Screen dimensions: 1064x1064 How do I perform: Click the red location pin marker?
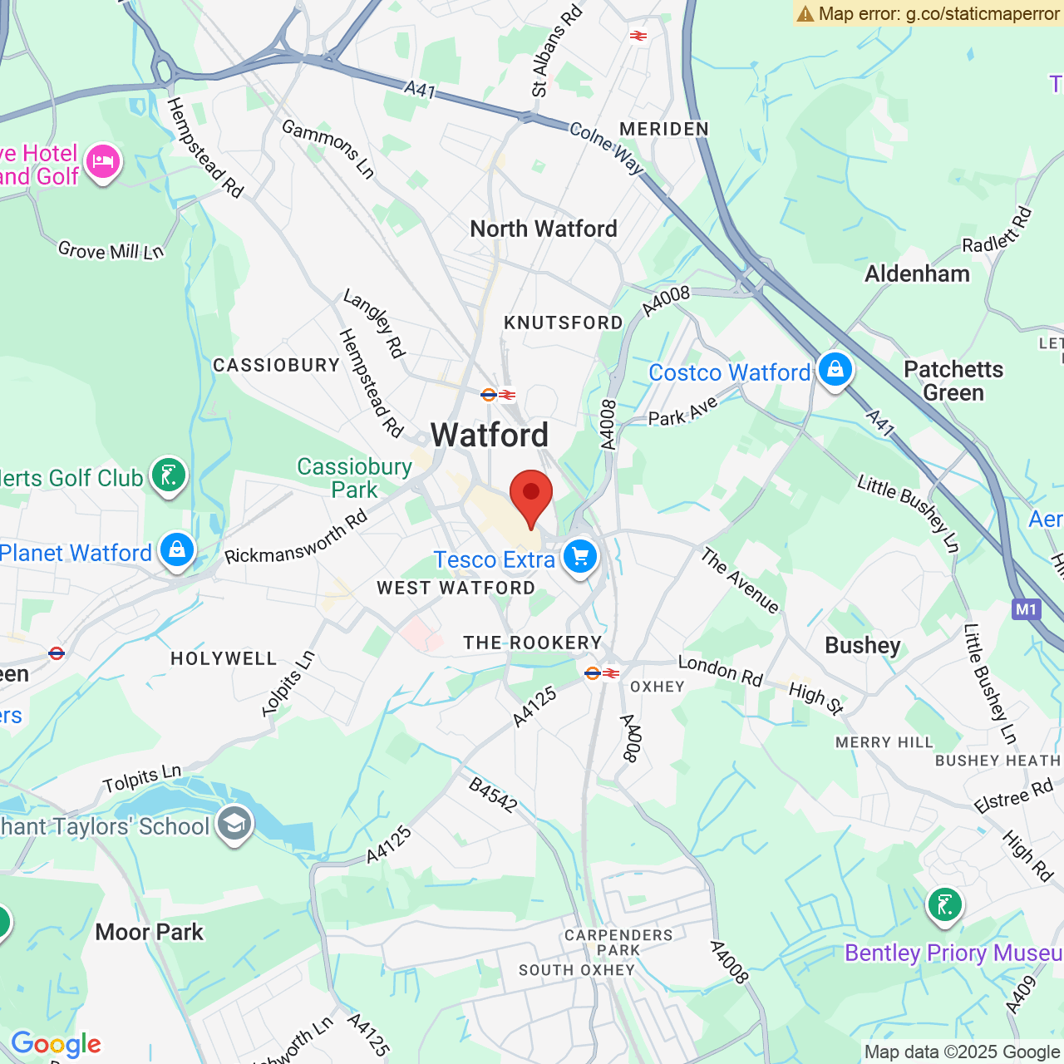[x=530, y=495]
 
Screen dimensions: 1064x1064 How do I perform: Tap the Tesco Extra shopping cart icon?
[x=580, y=556]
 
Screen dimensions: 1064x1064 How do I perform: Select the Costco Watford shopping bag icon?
[x=835, y=368]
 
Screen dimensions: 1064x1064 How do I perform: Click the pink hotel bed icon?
[x=103, y=160]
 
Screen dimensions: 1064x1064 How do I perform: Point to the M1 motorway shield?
[x=1027, y=609]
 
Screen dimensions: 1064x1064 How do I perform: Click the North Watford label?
[x=544, y=229]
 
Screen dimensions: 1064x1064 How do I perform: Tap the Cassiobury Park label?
[x=355, y=478]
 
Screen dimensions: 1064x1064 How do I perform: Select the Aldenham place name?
[x=917, y=273]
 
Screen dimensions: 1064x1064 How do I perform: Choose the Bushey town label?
[x=863, y=645]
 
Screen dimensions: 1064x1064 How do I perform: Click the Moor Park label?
[x=150, y=932]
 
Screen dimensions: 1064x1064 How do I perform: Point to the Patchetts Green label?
[x=953, y=381]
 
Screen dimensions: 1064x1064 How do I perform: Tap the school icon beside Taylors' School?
[x=234, y=824]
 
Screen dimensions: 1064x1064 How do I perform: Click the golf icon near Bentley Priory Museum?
[x=944, y=904]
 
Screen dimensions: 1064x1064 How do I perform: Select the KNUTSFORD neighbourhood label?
[x=564, y=323]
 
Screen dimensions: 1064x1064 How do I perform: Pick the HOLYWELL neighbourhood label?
[x=224, y=658]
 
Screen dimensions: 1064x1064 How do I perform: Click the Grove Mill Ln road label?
[x=111, y=250]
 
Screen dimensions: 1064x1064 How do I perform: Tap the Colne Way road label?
[x=607, y=148]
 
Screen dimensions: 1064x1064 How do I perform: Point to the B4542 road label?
[x=493, y=795]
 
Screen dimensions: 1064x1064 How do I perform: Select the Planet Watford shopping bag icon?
[x=177, y=549]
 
